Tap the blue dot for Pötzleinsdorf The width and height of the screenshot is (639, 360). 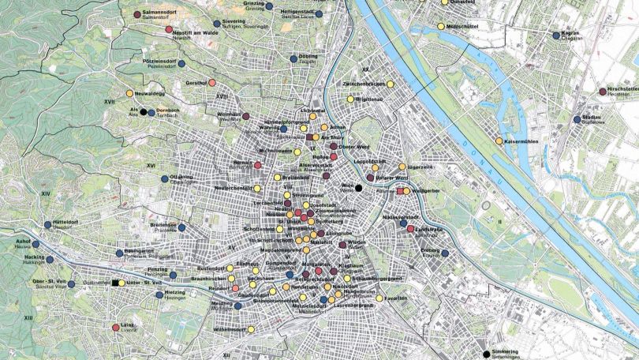[x=181, y=62]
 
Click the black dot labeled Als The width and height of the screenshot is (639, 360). [x=143, y=111]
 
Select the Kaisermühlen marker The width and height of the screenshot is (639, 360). [x=499, y=141]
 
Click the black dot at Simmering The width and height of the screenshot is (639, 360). [x=486, y=354]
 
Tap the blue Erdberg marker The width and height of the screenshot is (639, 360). [x=445, y=253]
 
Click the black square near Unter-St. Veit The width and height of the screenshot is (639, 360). [x=115, y=283]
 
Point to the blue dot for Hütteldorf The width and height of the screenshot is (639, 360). [x=47, y=223]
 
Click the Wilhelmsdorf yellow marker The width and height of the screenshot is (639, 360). [x=251, y=329]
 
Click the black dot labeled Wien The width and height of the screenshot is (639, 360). [x=357, y=188]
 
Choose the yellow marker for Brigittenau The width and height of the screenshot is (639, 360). [x=349, y=100]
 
